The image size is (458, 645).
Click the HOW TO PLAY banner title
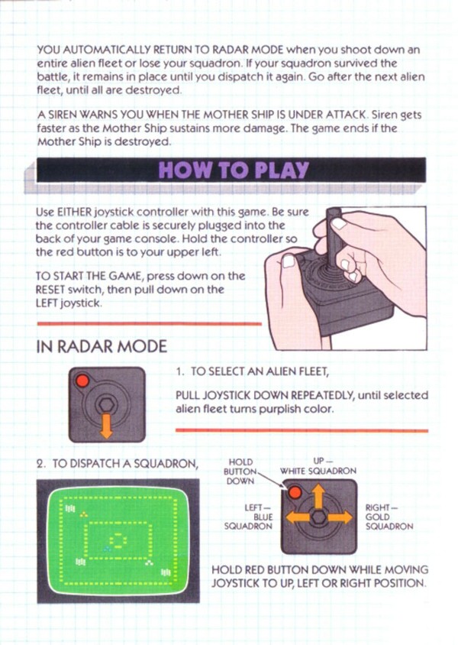tap(234, 170)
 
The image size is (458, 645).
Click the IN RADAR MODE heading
tap(102, 346)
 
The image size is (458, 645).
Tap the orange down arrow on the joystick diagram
tap(106, 426)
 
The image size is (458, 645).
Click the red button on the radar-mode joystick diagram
tap(82, 381)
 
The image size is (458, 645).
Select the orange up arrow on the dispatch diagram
tap(318, 496)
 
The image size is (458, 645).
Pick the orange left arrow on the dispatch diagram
tap(298, 517)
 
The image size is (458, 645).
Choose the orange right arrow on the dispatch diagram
tap(339, 517)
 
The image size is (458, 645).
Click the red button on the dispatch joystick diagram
tap(295, 492)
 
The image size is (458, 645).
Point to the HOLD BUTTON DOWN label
tap(240, 472)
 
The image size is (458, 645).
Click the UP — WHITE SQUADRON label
tap(318, 465)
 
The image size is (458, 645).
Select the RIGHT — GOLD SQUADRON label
tap(389, 517)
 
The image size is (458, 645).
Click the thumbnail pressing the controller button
tap(289, 261)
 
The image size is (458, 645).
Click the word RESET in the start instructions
tap(50, 290)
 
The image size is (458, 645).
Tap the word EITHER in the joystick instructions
tap(75, 212)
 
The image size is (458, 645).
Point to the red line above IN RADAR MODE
tap(149, 324)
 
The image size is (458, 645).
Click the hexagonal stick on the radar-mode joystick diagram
tap(106, 405)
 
